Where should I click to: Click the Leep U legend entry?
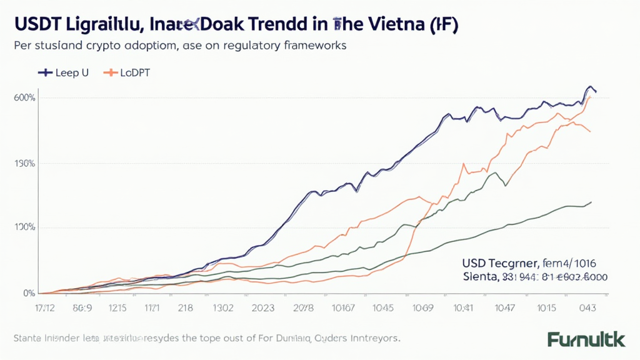pyautogui.click(x=63, y=72)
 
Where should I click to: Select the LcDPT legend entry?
pyautogui.click(x=128, y=72)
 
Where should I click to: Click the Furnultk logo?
pyautogui.click(x=586, y=340)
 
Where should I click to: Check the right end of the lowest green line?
pyautogui.click(x=591, y=202)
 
